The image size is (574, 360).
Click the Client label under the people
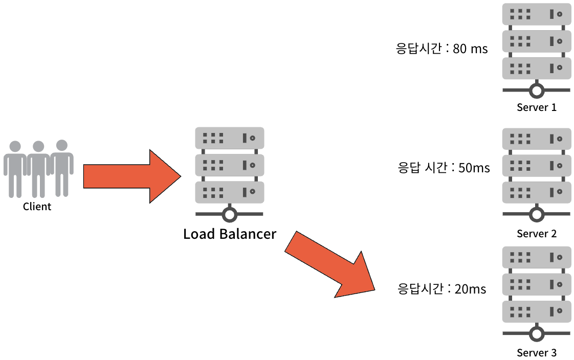[x=37, y=207]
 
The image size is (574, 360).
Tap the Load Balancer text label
[x=230, y=234]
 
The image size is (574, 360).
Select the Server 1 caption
[x=536, y=107]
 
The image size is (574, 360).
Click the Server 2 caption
[x=536, y=234]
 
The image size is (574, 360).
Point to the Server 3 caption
[x=536, y=353]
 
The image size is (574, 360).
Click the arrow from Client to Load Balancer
[x=130, y=176]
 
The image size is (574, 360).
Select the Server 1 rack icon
[x=536, y=41]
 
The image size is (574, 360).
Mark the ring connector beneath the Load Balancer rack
[x=230, y=214]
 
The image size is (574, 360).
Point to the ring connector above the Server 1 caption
[x=536, y=91]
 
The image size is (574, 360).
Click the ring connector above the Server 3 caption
[x=536, y=334]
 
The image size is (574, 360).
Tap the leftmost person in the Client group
[x=15, y=169]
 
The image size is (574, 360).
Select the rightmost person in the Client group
[x=61, y=167]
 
